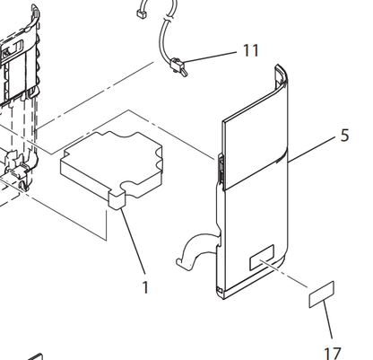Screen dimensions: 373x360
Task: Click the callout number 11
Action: pyautogui.click(x=250, y=50)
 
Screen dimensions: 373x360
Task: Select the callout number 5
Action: pyautogui.click(x=344, y=136)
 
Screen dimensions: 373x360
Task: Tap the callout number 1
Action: pyautogui.click(x=145, y=287)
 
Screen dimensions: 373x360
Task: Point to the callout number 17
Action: pyautogui.click(x=333, y=354)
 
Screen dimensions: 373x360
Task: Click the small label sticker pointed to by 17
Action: pyautogui.click(x=321, y=294)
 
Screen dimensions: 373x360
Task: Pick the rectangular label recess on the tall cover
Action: pyautogui.click(x=262, y=257)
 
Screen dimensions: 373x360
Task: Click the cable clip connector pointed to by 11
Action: pyautogui.click(x=178, y=67)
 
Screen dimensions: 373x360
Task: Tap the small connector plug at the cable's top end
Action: pyautogui.click(x=140, y=13)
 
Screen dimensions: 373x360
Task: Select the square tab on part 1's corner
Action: pyautogui.click(x=117, y=200)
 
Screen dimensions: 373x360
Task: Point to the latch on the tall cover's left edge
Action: pyautogui.click(x=221, y=168)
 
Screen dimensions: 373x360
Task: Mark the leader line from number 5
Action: pyautogui.click(x=312, y=149)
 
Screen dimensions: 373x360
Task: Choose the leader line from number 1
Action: pyautogui.click(x=133, y=241)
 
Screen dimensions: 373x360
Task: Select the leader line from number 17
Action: pyautogui.click(x=328, y=320)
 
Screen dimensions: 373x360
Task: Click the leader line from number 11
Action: pyautogui.click(x=210, y=57)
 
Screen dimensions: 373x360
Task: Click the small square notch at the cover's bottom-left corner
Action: pyautogui.click(x=219, y=290)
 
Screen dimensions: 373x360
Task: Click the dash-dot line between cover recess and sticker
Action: pyautogui.click(x=284, y=274)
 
